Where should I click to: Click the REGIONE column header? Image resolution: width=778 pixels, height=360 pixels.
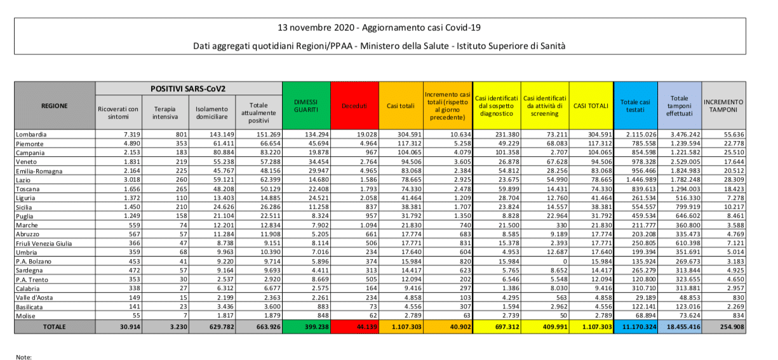(x=55, y=106)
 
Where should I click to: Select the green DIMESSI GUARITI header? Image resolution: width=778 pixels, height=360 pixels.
(x=306, y=106)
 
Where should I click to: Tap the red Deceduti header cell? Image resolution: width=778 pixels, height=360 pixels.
(x=355, y=106)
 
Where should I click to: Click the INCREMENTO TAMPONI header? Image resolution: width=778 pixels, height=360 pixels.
(x=724, y=106)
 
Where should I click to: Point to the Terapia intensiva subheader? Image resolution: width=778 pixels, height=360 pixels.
(x=165, y=112)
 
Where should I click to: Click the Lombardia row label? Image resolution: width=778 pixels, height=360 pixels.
(x=31, y=135)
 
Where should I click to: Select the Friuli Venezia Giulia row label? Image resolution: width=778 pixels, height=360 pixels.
(x=44, y=243)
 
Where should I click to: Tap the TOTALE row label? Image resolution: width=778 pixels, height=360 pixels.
(x=55, y=326)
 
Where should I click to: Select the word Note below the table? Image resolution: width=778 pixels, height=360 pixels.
(x=23, y=357)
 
